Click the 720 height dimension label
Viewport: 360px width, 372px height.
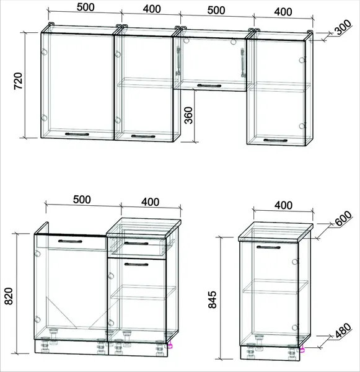pyautogui.click(x=18, y=81)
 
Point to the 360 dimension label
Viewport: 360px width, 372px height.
pyautogui.click(x=189, y=115)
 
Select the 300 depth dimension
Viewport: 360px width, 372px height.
pyautogui.click(x=343, y=27)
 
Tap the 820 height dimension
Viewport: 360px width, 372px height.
pyautogui.click(x=9, y=296)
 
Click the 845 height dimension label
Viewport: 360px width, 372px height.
pyautogui.click(x=213, y=299)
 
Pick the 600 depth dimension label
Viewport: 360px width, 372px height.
pyautogui.click(x=343, y=218)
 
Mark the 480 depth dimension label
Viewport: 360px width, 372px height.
pyautogui.click(x=343, y=330)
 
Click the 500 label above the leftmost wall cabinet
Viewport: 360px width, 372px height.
pyautogui.click(x=86, y=7)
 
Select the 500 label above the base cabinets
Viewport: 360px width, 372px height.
pyautogui.click(x=82, y=200)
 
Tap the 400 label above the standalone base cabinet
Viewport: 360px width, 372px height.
pyautogui.click(x=283, y=205)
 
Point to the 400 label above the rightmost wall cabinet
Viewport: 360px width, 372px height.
pyautogui.click(x=283, y=12)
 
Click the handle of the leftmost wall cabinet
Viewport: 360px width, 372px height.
pyautogui.click(x=77, y=135)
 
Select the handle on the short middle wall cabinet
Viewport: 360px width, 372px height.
pyautogui.click(x=209, y=86)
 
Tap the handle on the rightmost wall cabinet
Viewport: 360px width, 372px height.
pyautogui.click(x=275, y=141)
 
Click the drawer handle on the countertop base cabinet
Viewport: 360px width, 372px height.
pyautogui.click(x=136, y=243)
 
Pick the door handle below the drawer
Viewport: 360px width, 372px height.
pyautogui.click(x=136, y=264)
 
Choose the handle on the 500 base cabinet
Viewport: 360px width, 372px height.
pyautogui.click(x=70, y=242)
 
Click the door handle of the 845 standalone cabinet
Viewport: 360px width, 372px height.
pyautogui.click(x=268, y=247)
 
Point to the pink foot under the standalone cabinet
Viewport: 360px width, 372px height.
pyautogui.click(x=302, y=349)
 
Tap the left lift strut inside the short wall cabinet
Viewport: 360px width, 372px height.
pyautogui.click(x=178, y=61)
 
